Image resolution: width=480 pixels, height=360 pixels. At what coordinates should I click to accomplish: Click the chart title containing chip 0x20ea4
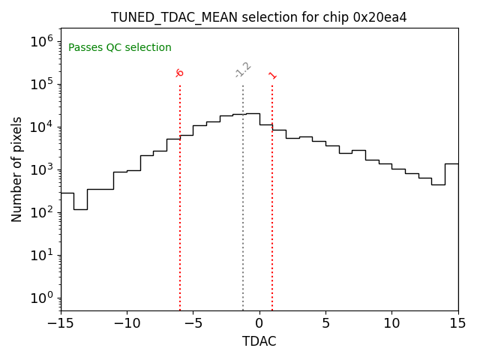259,17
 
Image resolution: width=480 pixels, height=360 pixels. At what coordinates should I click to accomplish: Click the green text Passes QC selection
120,48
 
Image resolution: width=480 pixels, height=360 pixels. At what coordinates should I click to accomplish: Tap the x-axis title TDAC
259,341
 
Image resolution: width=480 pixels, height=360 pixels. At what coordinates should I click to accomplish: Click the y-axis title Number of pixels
17,169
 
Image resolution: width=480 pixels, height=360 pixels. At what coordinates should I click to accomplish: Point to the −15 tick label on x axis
61,323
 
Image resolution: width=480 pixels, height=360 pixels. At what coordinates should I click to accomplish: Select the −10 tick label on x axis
127,323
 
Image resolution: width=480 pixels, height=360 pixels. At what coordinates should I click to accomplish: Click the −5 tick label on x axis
193,323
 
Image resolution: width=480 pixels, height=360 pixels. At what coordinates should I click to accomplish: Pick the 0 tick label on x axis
259,323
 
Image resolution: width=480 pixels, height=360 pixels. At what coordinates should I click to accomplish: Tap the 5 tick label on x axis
325,323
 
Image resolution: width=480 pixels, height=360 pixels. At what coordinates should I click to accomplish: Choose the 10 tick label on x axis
391,323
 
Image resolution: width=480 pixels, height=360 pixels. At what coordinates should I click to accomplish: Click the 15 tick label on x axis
457,323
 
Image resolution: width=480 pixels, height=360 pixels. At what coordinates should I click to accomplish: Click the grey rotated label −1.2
242,70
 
